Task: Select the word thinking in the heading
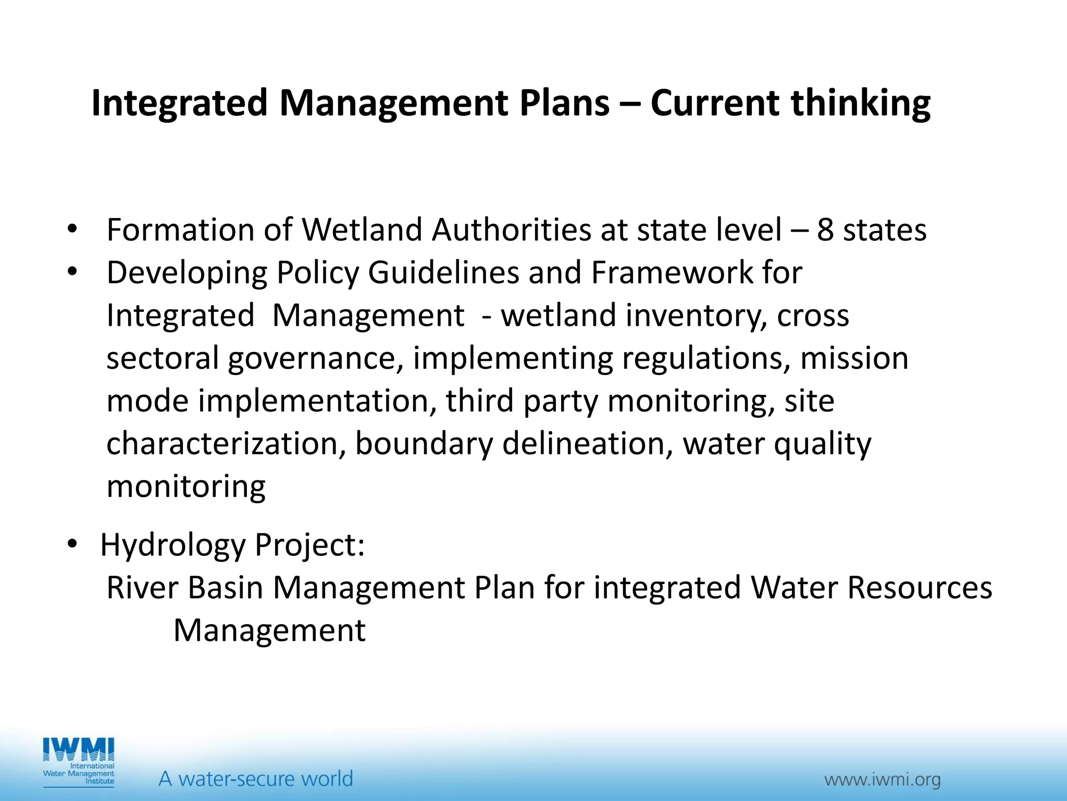point(861,103)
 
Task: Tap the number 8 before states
point(825,230)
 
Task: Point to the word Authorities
point(511,230)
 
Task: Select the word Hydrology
point(172,545)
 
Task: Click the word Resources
point(920,588)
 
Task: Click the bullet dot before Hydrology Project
point(72,544)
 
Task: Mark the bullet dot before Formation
point(72,228)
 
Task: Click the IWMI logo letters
point(79,750)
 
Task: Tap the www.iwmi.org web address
point(882,780)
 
